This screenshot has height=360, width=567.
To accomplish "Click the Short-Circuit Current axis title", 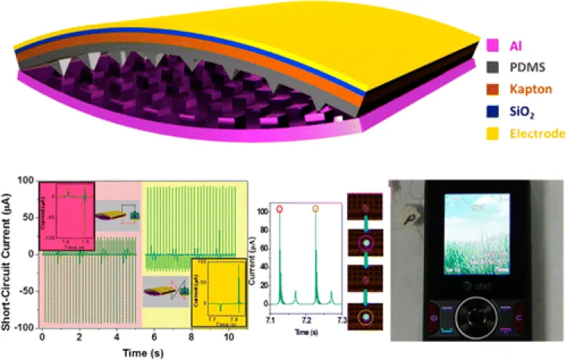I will point(9,253).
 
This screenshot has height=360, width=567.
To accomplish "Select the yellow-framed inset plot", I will point(218,285).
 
